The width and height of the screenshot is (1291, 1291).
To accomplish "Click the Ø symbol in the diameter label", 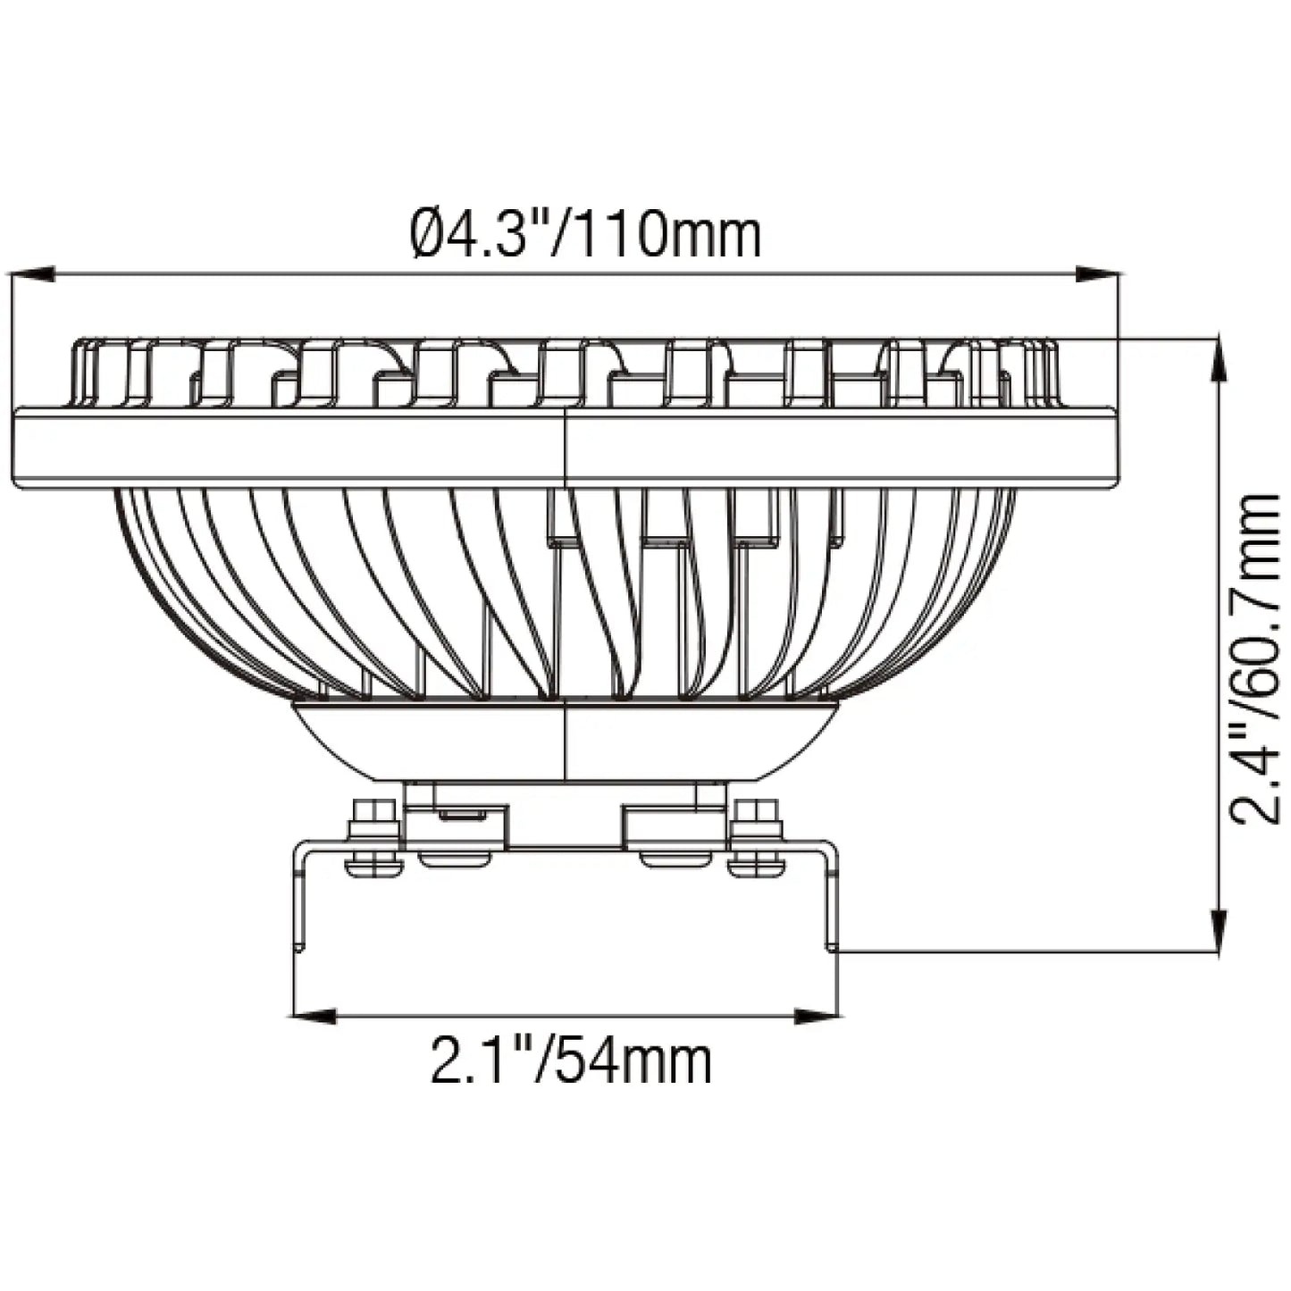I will pos(428,234).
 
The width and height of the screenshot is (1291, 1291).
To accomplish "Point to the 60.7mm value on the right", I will pos(1254,573).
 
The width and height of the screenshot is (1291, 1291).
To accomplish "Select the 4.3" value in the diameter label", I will pos(500,234).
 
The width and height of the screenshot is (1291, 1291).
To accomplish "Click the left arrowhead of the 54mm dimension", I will pos(314,1016).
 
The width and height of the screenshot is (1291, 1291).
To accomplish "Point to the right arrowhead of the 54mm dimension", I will pos(817,1016).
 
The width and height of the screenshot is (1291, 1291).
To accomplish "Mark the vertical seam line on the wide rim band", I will pos(566,447).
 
